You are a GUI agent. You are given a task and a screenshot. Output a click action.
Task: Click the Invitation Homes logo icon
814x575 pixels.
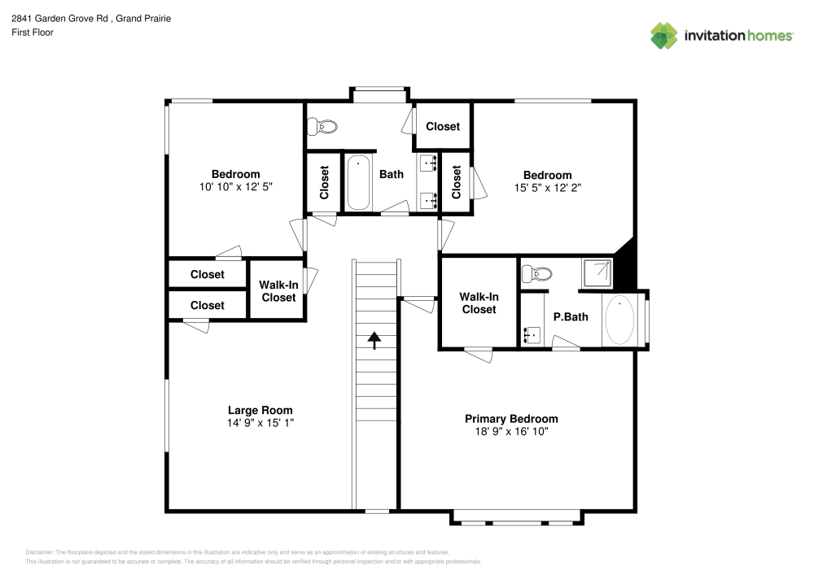click(x=664, y=35)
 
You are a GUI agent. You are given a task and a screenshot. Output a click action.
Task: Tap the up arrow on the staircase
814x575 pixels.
click(x=374, y=340)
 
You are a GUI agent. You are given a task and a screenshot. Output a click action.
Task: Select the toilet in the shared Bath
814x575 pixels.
click(x=323, y=127)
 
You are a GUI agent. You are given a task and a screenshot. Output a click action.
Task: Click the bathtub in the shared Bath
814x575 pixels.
click(x=358, y=183)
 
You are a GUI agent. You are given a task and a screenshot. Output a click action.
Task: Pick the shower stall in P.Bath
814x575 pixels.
click(x=597, y=273)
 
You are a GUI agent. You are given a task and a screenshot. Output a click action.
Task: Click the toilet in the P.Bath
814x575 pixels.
click(x=537, y=274)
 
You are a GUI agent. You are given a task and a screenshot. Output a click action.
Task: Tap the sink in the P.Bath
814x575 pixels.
click(x=532, y=333)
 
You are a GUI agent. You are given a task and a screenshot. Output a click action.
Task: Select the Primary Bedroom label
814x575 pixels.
click(x=511, y=419)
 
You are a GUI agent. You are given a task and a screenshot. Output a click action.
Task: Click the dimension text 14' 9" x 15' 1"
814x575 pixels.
click(x=260, y=423)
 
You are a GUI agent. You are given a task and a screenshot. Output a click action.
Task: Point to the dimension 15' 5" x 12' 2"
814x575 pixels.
click(x=547, y=186)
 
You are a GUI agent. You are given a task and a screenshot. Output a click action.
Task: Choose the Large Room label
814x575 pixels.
click(x=260, y=410)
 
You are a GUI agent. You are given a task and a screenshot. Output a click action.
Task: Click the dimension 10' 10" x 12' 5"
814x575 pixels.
click(x=235, y=185)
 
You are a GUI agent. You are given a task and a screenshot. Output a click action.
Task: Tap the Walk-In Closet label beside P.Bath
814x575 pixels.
click(x=479, y=303)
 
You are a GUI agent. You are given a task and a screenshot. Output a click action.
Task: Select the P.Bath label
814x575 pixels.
click(x=571, y=317)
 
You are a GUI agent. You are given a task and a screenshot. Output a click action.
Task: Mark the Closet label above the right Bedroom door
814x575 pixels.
click(x=443, y=126)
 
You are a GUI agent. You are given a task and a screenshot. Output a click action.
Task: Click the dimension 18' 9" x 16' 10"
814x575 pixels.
click(x=511, y=432)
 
